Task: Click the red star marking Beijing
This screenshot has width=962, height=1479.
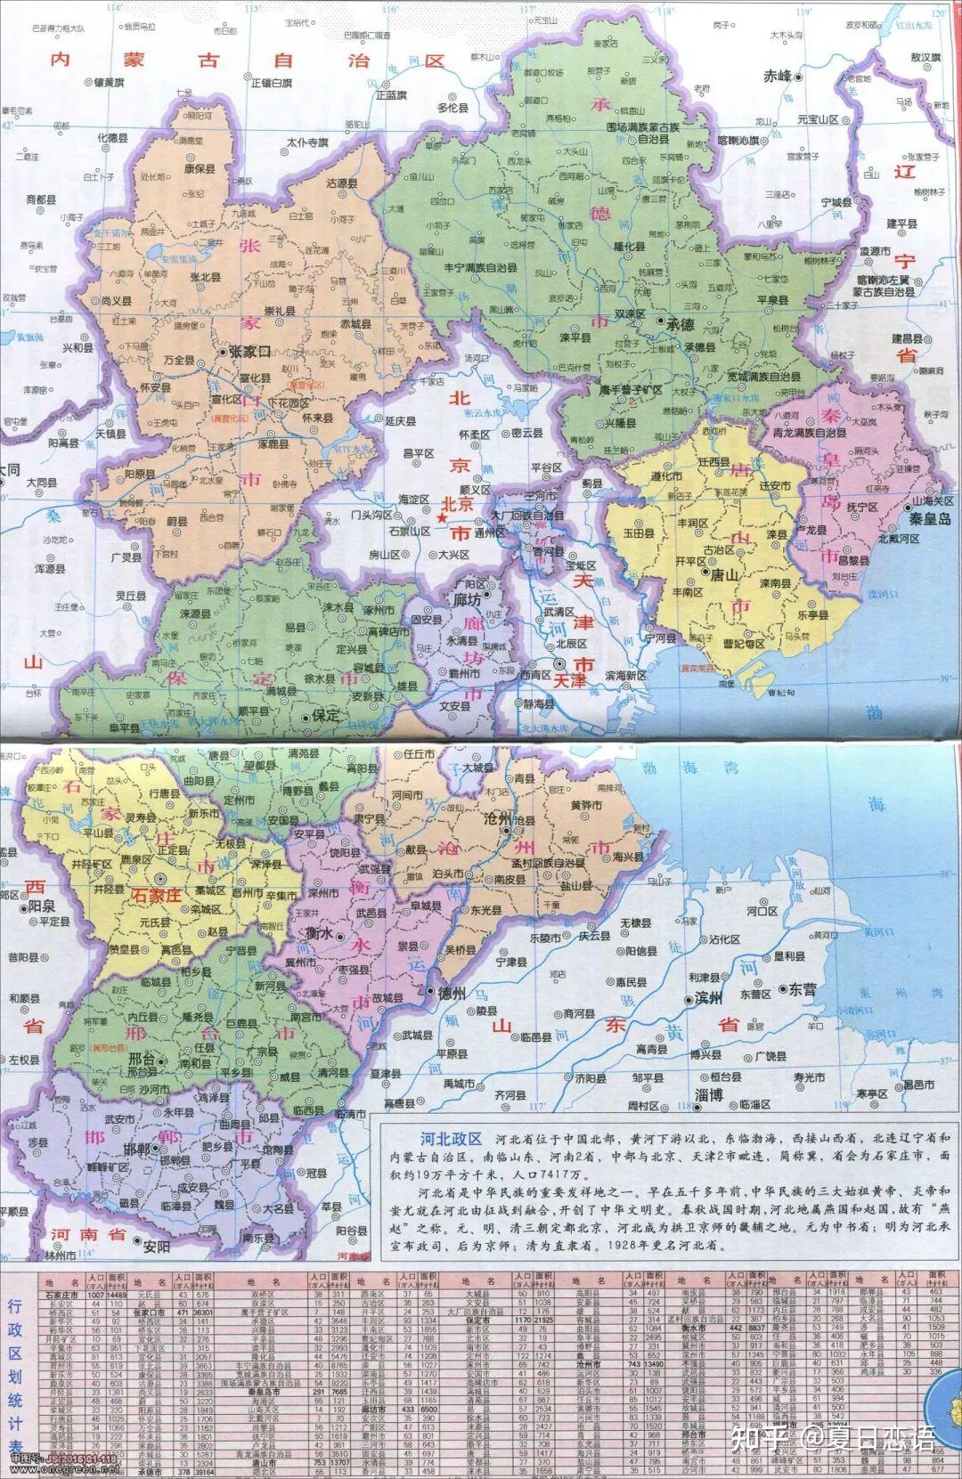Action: [440, 516]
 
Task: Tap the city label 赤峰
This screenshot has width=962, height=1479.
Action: [778, 77]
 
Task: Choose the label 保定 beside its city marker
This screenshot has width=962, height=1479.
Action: [325, 715]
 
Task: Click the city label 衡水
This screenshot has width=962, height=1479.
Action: [318, 934]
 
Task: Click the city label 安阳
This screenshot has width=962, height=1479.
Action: [156, 1246]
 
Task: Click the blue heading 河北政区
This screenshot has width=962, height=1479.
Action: [451, 1139]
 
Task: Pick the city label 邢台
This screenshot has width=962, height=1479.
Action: [142, 1059]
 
